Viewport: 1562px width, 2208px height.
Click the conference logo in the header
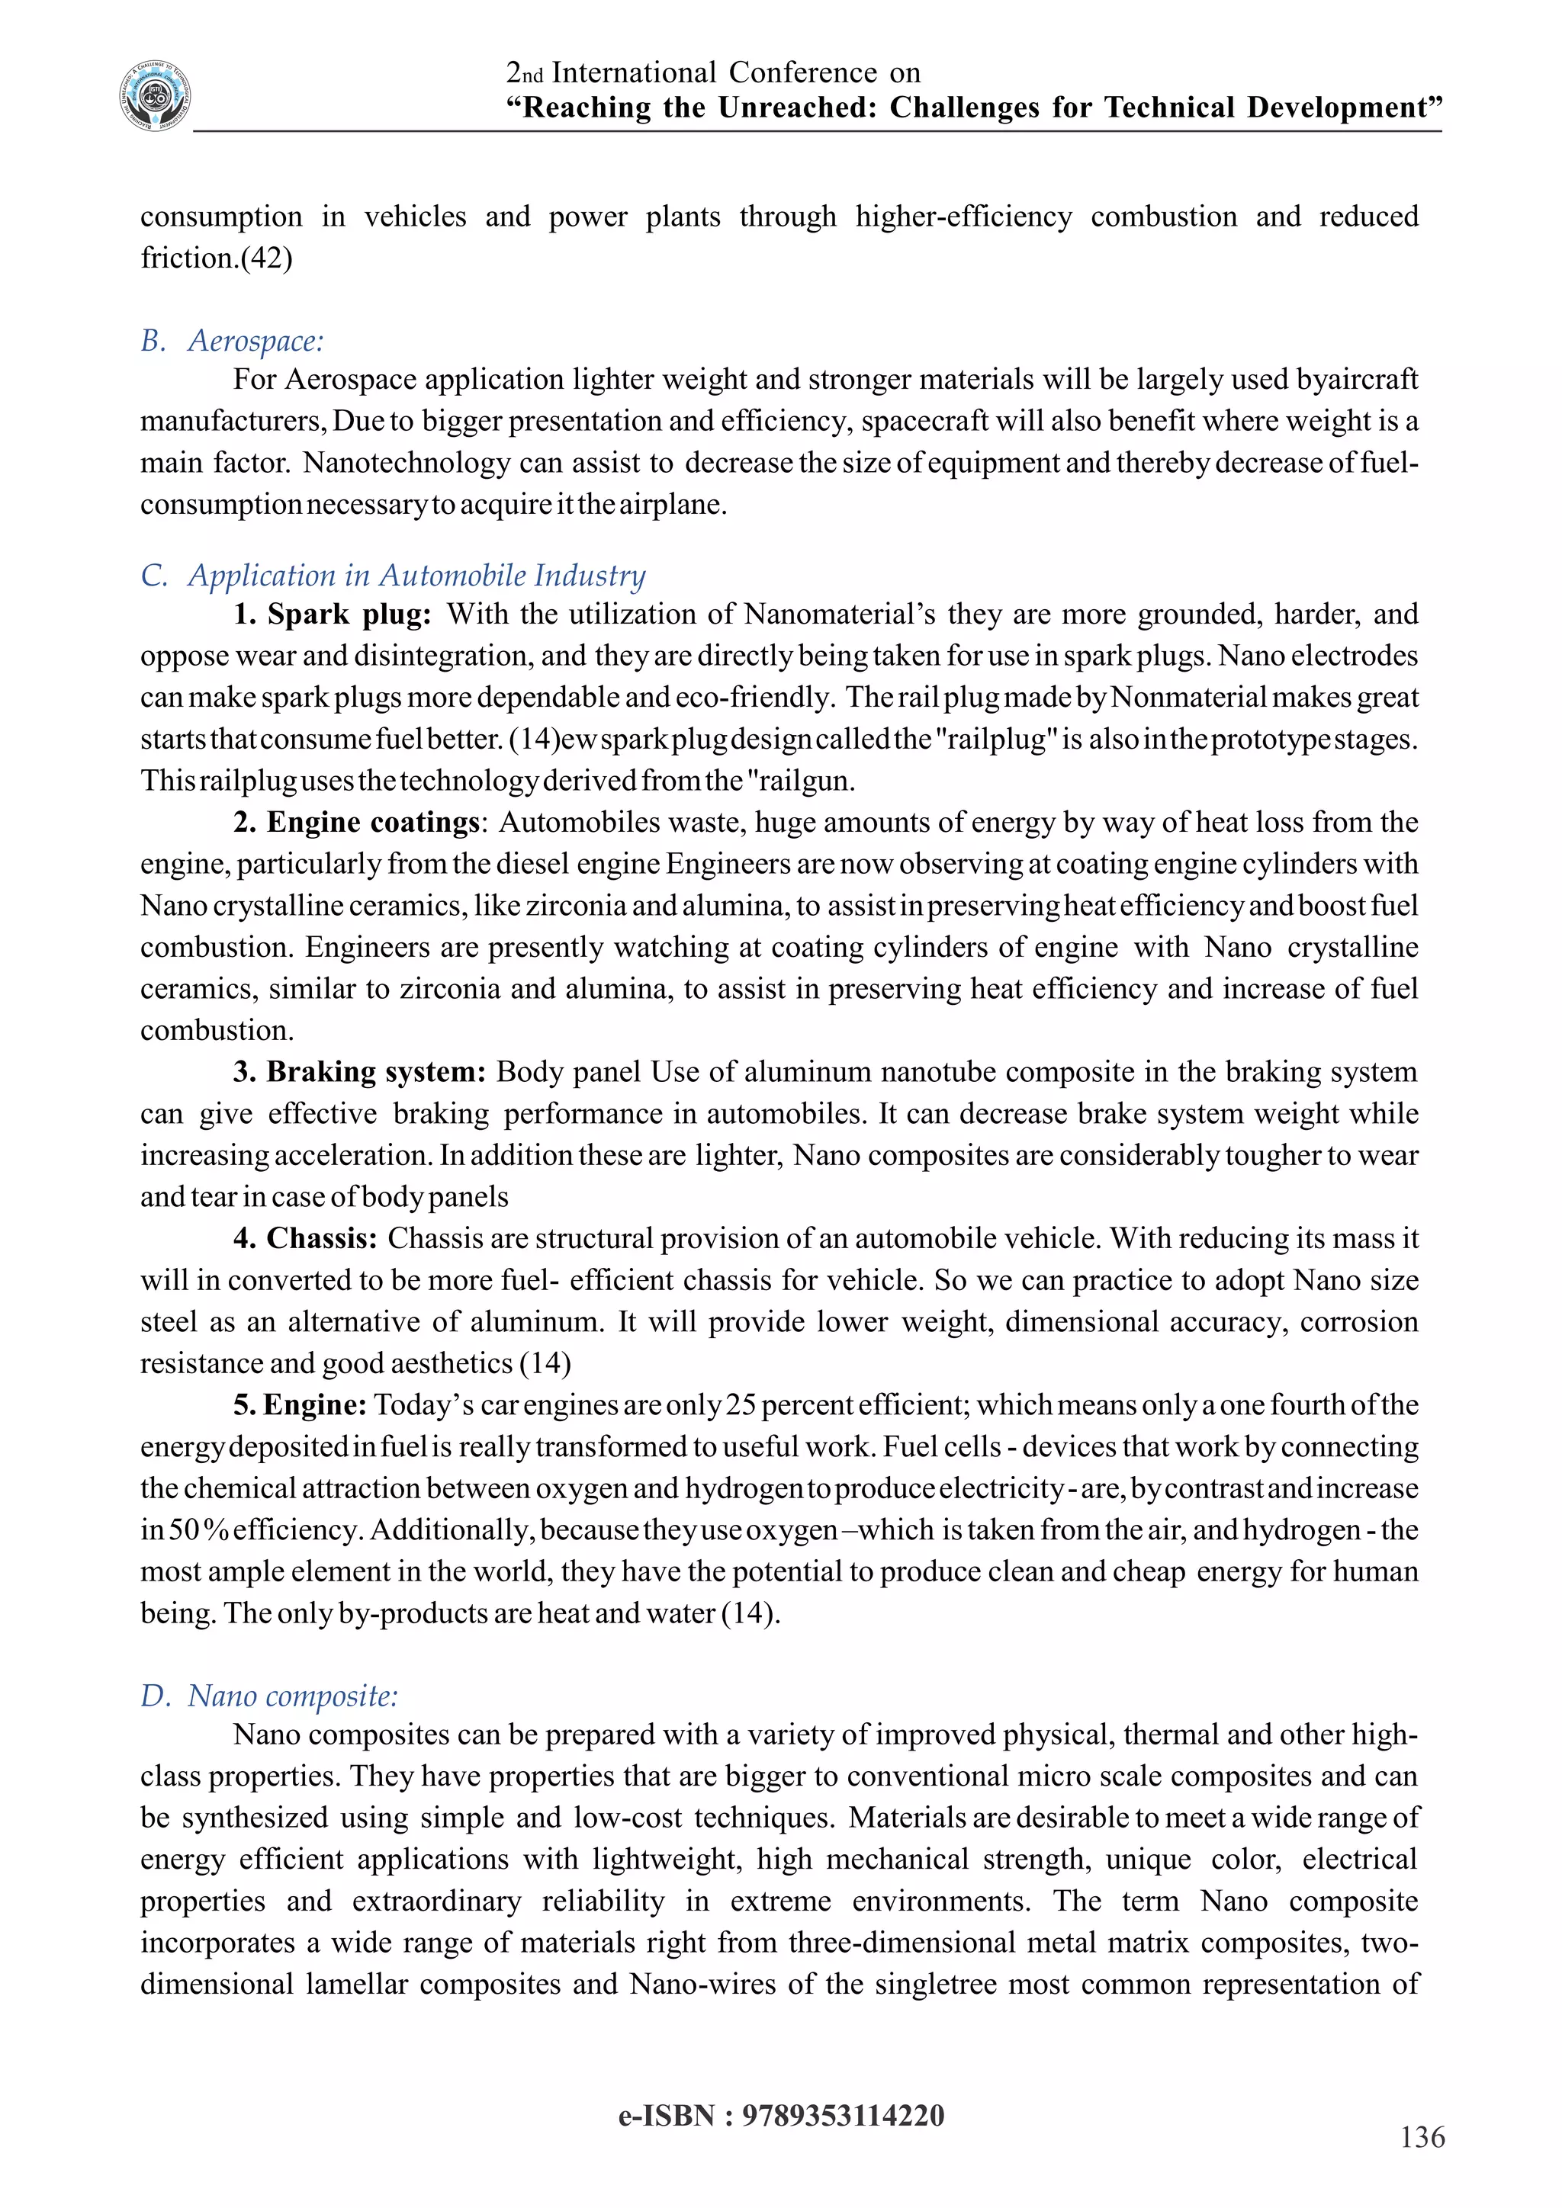click(156, 96)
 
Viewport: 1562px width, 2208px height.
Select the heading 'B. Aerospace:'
click(232, 341)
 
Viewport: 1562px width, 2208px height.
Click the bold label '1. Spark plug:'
click(332, 615)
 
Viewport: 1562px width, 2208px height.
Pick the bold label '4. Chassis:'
click(305, 1239)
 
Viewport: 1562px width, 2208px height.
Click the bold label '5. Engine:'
click(299, 1405)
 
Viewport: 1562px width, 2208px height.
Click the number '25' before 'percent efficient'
click(741, 1405)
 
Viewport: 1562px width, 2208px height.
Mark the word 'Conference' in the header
click(802, 73)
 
